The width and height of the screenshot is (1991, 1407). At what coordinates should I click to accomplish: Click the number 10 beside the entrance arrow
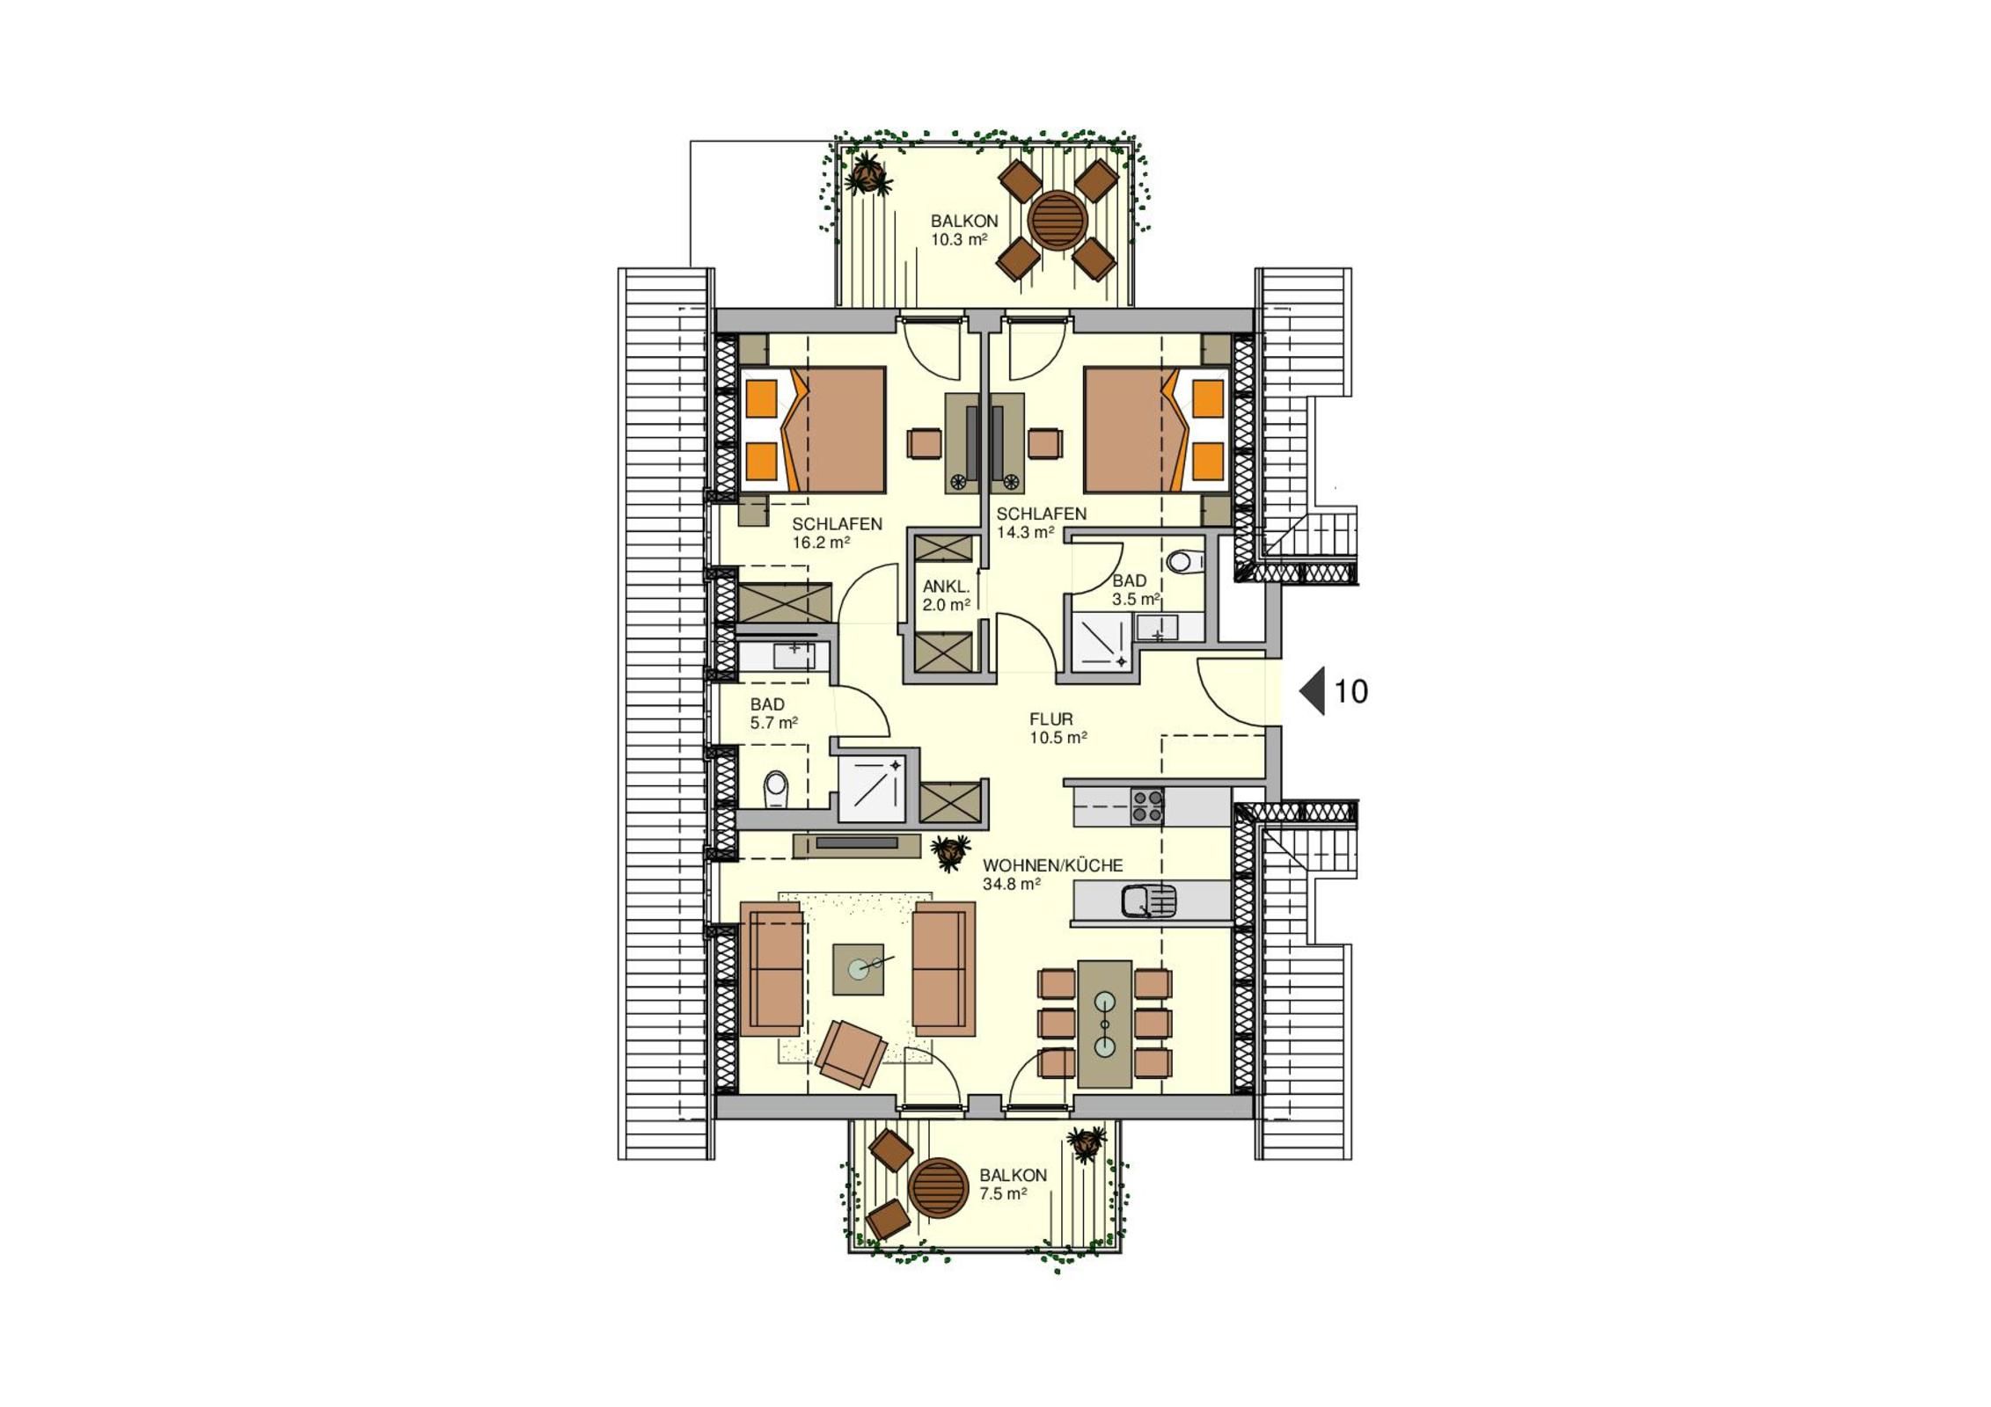[1351, 692]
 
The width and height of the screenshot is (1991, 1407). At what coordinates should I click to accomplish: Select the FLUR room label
[1051, 719]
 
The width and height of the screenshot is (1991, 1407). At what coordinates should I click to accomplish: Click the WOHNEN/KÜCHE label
[1053, 865]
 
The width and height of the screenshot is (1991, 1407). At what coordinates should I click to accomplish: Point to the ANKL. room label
[947, 587]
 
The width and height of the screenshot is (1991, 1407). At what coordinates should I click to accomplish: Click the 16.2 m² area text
[821, 543]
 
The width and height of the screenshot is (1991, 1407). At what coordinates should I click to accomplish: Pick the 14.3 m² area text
[1025, 532]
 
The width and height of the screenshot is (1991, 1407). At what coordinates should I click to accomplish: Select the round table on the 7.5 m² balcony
[938, 1186]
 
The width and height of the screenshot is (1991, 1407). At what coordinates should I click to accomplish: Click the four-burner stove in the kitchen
[1146, 806]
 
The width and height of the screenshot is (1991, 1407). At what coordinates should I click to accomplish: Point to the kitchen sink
[1149, 901]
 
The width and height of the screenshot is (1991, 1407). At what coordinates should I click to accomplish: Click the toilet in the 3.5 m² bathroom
[1187, 561]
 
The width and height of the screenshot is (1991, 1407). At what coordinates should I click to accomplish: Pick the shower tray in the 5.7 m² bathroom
[871, 789]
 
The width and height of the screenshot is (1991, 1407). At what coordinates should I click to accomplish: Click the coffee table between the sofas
[858, 969]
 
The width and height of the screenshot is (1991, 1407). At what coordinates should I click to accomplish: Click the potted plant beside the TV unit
[949, 851]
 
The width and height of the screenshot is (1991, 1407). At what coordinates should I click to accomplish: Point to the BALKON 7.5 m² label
[1013, 1184]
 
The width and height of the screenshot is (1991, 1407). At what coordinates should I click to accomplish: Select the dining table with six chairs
[1104, 1024]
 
